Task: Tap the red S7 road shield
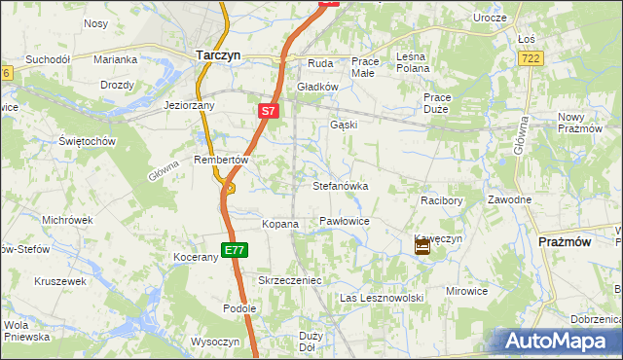271,112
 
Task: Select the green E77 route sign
233,250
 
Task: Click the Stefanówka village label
340,185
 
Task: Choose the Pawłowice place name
345,222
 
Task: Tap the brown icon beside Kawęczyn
422,248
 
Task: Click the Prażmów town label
565,241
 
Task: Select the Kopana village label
280,224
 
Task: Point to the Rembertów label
223,160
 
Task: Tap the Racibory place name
440,199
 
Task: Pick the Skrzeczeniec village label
289,280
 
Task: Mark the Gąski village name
344,125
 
